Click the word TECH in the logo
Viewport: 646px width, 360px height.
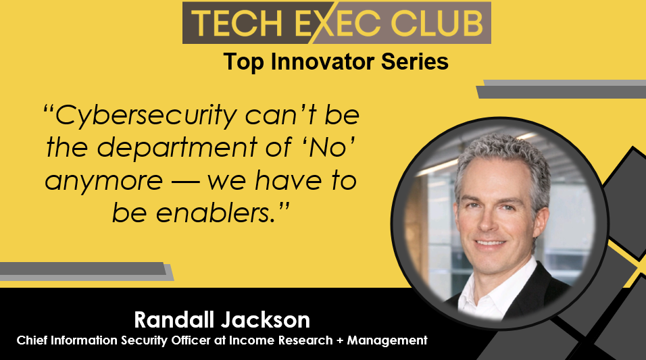pyautogui.click(x=237, y=23)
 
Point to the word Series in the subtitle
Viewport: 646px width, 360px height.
pyautogui.click(x=414, y=61)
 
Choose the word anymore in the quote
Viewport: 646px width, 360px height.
pyautogui.click(x=104, y=181)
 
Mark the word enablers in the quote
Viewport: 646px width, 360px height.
pyautogui.click(x=216, y=213)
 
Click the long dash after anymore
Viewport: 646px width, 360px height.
pyautogui.click(x=186, y=182)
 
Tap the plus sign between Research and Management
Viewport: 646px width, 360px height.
pyautogui.click(x=340, y=340)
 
